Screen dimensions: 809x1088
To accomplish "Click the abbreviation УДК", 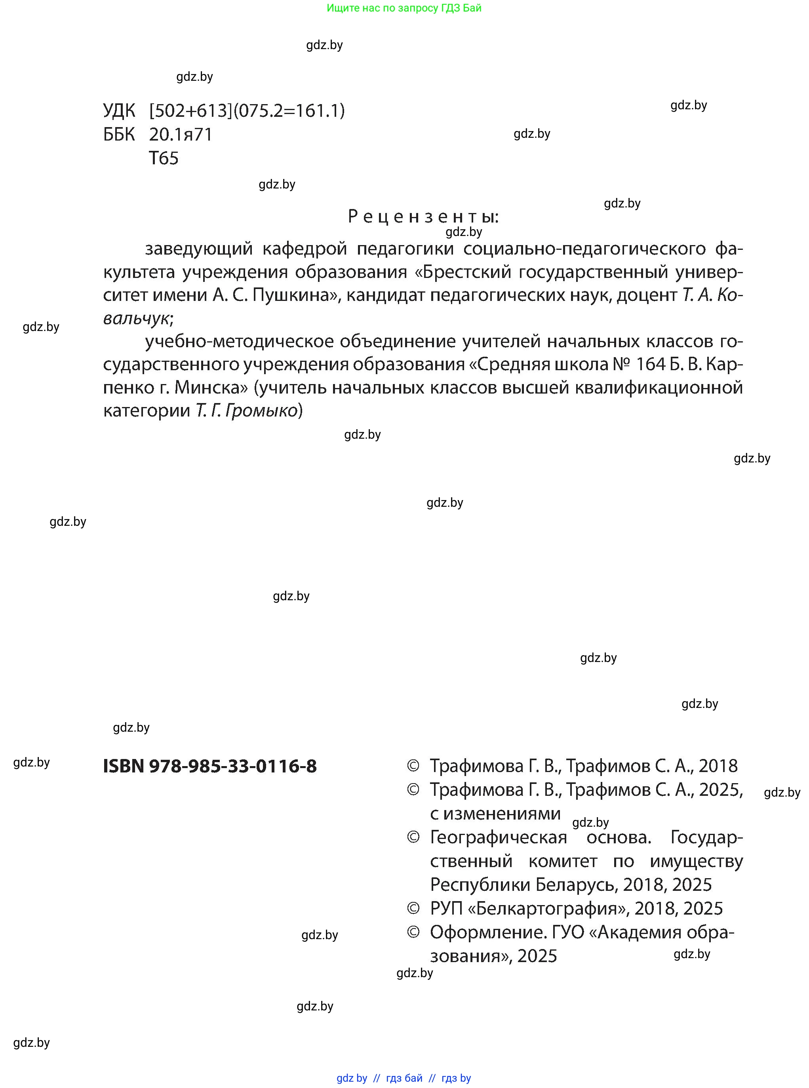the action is pyautogui.click(x=119, y=111).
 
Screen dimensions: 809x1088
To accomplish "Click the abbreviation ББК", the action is pyautogui.click(x=119, y=135).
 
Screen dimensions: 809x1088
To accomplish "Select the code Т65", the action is pyautogui.click(x=164, y=158).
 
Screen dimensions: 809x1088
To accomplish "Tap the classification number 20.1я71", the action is pyautogui.click(x=181, y=135).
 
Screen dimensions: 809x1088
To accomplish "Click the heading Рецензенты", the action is pyautogui.click(x=423, y=217).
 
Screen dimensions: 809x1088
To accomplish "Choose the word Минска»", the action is pyautogui.click(x=211, y=387).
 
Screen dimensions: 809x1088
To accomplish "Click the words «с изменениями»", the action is pyautogui.click(x=495, y=813).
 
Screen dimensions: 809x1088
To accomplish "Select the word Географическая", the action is pyautogui.click(x=498, y=837).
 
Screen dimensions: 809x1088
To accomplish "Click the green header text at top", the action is pyautogui.click(x=404, y=8).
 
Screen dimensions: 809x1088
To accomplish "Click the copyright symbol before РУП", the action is pyautogui.click(x=413, y=909).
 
